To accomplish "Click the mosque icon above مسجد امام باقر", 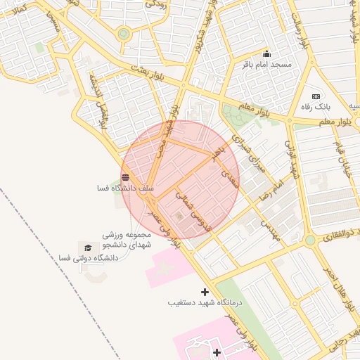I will coord(266,54).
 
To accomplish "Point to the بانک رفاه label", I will coord(316,107).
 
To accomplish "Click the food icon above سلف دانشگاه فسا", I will coord(125,177).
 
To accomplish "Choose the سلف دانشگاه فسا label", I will coord(125,188).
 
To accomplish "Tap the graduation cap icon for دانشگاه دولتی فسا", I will coord(88,247).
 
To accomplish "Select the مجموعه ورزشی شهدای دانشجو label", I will coord(127,239).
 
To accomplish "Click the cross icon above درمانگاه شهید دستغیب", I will coord(205,292).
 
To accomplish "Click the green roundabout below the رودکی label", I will coord(124,33).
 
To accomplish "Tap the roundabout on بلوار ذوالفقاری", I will coord(310,240).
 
